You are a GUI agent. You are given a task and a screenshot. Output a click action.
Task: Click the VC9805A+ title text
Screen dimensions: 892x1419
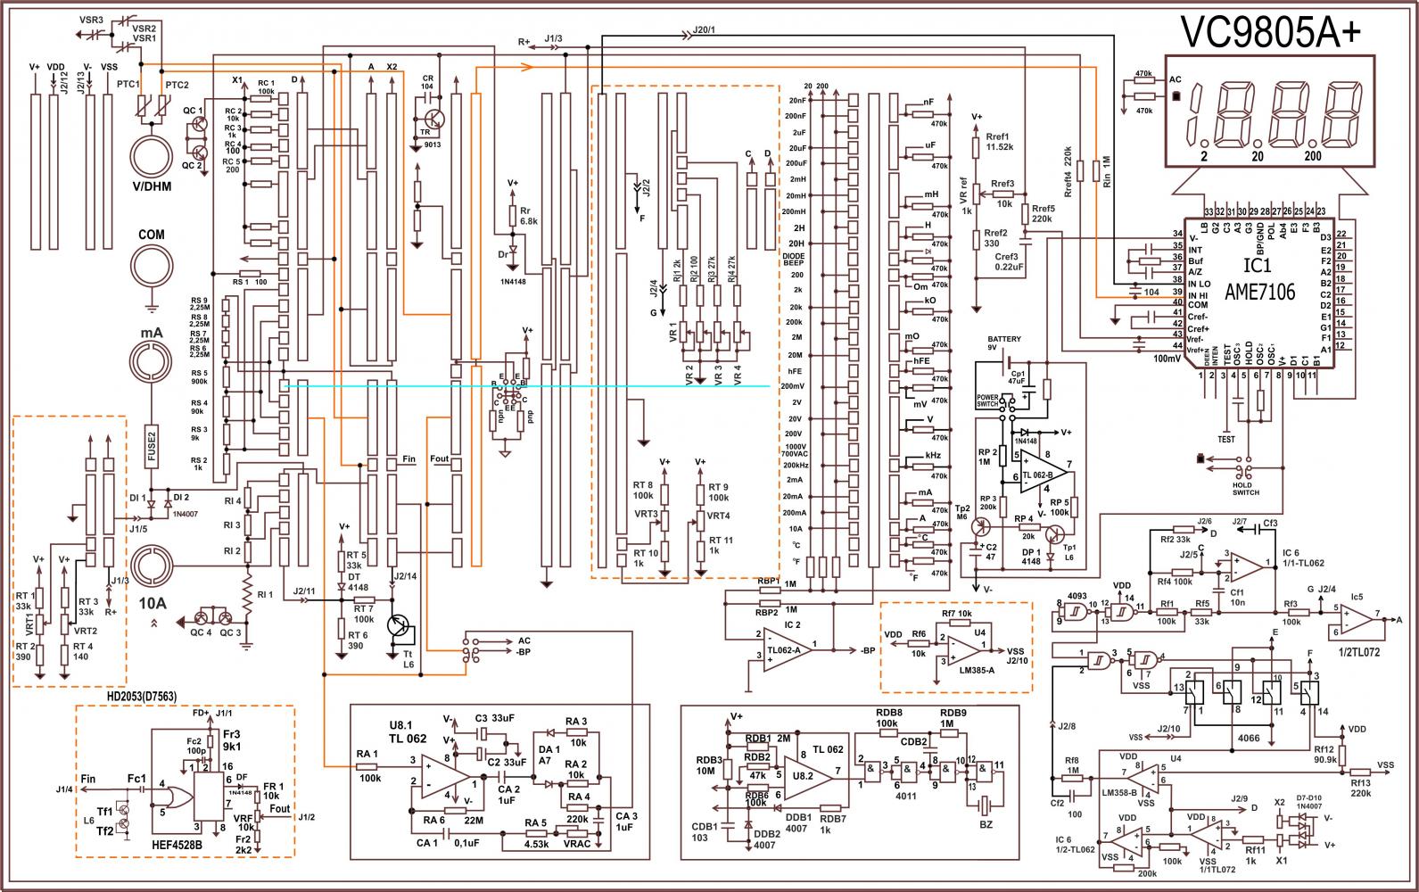[1271, 34]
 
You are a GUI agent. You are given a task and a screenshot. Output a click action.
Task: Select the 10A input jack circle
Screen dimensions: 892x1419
[152, 566]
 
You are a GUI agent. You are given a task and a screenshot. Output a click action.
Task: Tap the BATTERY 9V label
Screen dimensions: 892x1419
[1003, 343]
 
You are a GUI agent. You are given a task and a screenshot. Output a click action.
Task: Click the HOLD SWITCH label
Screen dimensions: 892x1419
[1246, 488]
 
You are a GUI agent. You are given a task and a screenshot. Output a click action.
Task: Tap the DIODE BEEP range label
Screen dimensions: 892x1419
[793, 259]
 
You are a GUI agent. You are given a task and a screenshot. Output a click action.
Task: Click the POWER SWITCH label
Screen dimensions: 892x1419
[988, 401]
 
